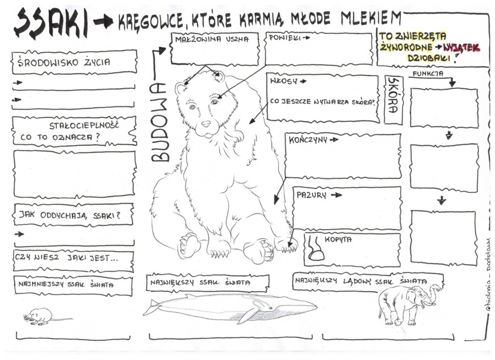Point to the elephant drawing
[x=408, y=302]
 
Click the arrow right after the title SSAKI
[x=103, y=22]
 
